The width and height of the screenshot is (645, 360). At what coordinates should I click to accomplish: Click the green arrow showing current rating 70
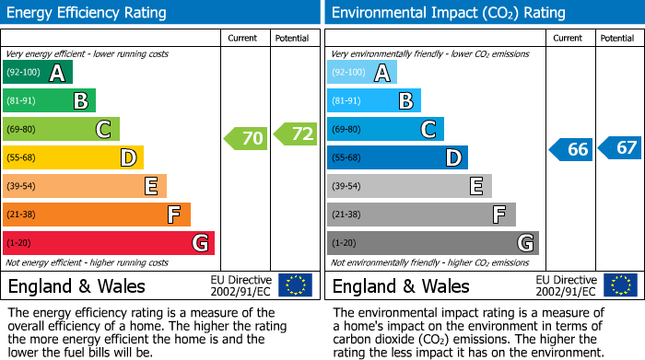(245, 139)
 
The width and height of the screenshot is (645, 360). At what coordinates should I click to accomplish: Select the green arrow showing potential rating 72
(295, 134)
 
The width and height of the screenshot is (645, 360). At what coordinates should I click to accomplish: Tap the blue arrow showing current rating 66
(570, 149)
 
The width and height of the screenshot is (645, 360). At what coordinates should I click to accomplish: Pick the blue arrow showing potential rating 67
(619, 147)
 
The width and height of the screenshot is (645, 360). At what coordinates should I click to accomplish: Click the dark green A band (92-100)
(38, 73)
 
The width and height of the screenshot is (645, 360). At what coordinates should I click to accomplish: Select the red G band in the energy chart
(109, 243)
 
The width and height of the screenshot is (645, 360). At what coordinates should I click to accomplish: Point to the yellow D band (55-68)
(73, 158)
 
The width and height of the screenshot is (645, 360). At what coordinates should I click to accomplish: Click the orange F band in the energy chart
(97, 215)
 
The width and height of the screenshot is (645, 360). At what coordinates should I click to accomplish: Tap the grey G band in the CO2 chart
(432, 243)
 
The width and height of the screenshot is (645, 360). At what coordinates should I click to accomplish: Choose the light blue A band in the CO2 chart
(362, 73)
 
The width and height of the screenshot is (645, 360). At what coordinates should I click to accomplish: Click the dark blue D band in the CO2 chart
(397, 158)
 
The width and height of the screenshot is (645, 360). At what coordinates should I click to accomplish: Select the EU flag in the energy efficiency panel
(295, 285)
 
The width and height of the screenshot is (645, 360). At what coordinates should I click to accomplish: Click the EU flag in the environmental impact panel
(619, 285)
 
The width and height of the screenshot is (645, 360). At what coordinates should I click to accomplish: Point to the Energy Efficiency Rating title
(88, 13)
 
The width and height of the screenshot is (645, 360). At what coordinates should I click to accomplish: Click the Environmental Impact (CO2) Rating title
(448, 13)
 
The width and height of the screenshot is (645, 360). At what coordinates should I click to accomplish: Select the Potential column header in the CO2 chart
(617, 38)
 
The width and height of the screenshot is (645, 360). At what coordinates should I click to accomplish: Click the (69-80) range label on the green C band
(22, 130)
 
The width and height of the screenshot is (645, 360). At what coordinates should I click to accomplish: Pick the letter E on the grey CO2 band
(475, 186)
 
